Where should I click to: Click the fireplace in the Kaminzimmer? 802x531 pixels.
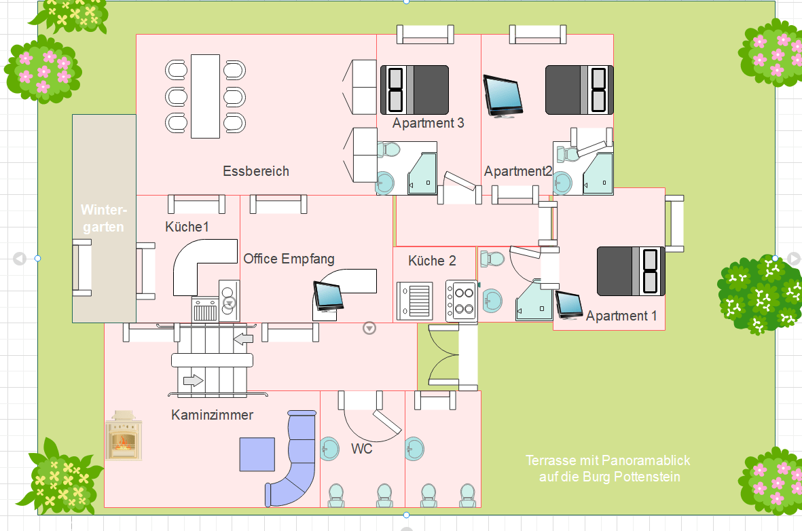124,435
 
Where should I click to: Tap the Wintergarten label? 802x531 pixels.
103,218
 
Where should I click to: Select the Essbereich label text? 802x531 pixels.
256,171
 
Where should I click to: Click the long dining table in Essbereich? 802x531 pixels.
205,96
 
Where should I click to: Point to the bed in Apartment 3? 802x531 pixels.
414,90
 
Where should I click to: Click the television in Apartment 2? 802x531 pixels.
503,96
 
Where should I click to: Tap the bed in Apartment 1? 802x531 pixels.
630,272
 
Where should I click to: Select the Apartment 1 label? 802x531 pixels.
621,316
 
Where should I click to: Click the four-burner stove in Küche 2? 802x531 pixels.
461,301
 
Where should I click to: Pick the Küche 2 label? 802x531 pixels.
432,261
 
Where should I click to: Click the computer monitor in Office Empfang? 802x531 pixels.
328,296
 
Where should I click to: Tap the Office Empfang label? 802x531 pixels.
289,259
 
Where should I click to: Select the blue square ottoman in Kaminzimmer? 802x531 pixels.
257,454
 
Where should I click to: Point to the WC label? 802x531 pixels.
361,449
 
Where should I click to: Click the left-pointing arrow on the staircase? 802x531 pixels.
242,338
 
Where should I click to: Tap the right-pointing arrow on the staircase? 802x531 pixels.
194,381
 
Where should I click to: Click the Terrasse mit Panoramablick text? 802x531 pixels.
608,469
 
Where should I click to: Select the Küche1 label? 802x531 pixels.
187,227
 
